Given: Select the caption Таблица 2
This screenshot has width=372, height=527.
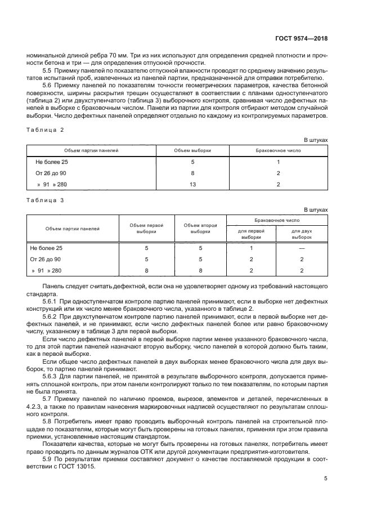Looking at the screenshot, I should tap(46, 129).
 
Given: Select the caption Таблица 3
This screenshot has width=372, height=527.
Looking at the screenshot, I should tap(46, 200).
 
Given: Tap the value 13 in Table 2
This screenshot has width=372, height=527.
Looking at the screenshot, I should tap(192, 184).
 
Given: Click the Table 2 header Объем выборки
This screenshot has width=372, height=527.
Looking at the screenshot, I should tap(192, 150).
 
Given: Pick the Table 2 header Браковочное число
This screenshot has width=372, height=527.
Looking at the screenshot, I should tap(278, 150).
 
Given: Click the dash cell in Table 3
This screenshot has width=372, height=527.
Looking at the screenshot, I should tap(302, 248).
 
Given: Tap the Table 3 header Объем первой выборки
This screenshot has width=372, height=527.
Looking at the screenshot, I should tap(146, 228).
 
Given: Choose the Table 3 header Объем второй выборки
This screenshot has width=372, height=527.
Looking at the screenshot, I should tap(200, 228).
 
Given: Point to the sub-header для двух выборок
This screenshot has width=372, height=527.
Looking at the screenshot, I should tap(302, 234).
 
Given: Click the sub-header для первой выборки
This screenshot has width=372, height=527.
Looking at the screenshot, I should tap(251, 234).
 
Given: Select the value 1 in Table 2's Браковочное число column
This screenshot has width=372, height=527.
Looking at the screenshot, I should tap(278, 162).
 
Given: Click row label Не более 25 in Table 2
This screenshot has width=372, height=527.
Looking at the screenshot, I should tap(52, 162).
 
